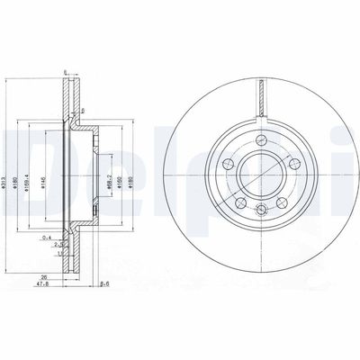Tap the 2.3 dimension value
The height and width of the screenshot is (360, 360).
(x=58, y=245)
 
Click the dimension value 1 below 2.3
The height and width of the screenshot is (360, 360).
(x=59, y=253)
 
